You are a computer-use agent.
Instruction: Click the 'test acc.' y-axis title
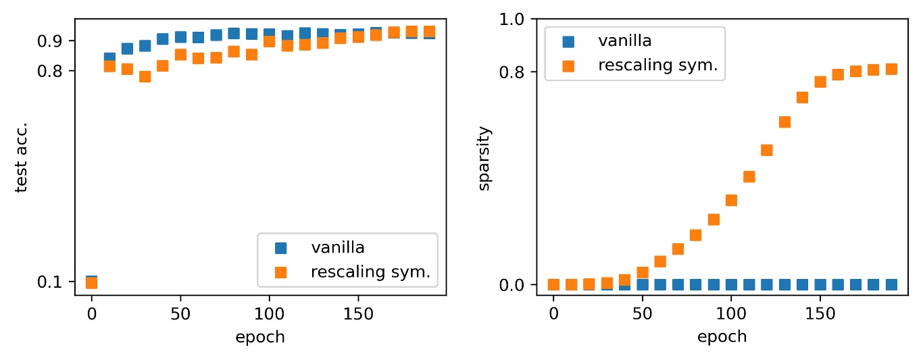click(22, 157)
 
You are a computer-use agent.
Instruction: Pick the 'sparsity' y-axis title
click(484, 157)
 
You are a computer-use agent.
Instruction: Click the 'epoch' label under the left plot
click(260, 337)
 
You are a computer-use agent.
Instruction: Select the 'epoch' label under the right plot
click(722, 337)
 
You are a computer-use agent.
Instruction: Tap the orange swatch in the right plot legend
click(569, 66)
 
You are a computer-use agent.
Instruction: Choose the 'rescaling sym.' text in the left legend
click(370, 273)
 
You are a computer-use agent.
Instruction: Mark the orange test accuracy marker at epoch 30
click(145, 76)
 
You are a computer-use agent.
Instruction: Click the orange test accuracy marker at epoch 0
click(91, 282)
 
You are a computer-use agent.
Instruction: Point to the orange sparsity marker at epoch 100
click(731, 200)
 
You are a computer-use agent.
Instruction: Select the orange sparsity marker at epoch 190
click(891, 69)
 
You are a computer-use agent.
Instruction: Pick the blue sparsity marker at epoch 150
click(820, 284)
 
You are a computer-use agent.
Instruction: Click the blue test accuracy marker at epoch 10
click(109, 58)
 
